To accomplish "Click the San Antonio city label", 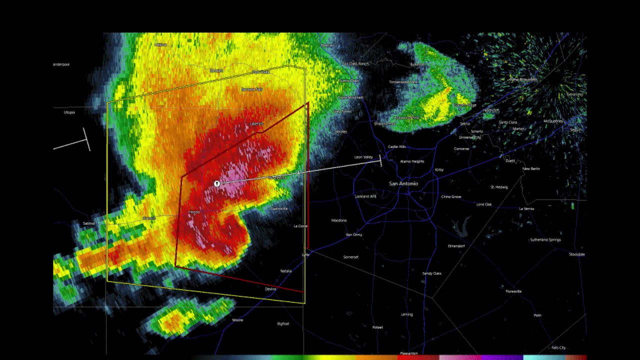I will pos(403,183).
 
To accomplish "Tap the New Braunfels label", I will pos(523,79).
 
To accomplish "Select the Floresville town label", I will pos(513,291).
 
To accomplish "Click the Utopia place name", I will pos(69,112).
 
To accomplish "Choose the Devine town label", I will pos(270,289).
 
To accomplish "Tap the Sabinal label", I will pos(88,223).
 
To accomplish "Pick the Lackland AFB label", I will pos(365,196).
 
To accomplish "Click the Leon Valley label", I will pos(363,157).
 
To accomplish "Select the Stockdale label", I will pos(576,254).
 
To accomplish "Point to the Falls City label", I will pos(558,347).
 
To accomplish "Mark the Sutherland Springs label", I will pos(545,240).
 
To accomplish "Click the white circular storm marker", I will pos(217,184).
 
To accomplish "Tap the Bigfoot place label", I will pos(283,323).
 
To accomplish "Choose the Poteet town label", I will pos(377,327).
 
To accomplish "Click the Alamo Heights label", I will pos(412,161).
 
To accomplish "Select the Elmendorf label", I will pos(456,246).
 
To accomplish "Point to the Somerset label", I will pos(350,257).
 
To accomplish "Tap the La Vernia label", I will pos(526,208).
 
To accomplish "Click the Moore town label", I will pos(237,320).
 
